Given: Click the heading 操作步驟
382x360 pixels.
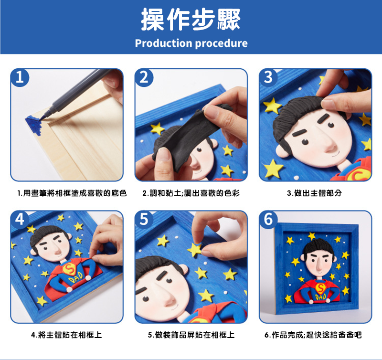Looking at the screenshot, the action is coord(191,19).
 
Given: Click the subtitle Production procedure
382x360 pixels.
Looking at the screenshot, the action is coord(191,43).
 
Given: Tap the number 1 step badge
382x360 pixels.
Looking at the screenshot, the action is coord(20,77).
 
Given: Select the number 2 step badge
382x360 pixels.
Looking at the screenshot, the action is coord(144,77).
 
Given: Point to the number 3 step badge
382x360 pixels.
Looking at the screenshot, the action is coord(268,77).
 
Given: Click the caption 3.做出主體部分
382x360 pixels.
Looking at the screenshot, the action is coord(314,193).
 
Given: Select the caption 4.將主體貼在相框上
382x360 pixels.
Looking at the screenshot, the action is coord(66,335).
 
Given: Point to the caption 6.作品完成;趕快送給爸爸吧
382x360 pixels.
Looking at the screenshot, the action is coord(313,335).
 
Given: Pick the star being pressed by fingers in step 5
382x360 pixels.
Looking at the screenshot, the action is coord(195,250).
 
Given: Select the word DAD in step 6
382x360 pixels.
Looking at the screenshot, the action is coord(320,297).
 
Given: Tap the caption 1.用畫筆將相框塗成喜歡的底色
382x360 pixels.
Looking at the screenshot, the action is coord(72,193).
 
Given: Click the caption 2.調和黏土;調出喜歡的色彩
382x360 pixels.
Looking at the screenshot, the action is coord(191,193).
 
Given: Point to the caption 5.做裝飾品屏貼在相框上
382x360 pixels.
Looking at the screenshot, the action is coord(191,335).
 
